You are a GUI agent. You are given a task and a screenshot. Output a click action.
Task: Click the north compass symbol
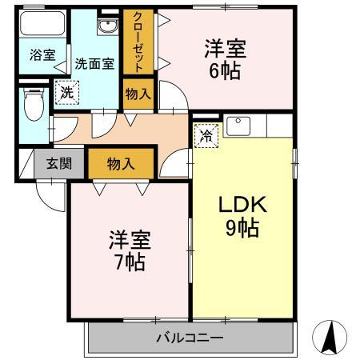tap(330, 338)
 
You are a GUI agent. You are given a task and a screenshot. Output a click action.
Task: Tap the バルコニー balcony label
tap(190, 338)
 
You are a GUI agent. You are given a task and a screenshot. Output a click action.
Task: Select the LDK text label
tap(242, 205)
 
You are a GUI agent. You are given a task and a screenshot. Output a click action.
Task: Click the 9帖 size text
tap(242, 228)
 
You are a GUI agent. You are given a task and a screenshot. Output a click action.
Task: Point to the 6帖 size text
tap(226, 71)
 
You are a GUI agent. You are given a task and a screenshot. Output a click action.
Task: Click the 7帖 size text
tap(130, 262)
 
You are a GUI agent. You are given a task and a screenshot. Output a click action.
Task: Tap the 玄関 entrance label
tap(59, 163)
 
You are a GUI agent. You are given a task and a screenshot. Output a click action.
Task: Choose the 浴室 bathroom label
tap(42, 55)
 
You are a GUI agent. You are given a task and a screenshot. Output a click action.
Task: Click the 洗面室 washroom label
tap(94, 64)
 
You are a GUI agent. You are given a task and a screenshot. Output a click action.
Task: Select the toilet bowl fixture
tap(34, 105)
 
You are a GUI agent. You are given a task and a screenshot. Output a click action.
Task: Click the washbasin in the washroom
tap(108, 27)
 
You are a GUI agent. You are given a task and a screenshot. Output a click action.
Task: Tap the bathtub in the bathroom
tap(42, 24)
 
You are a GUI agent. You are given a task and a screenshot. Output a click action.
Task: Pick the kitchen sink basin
tap(238, 126)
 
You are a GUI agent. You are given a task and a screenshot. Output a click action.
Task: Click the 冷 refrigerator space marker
tap(206, 136)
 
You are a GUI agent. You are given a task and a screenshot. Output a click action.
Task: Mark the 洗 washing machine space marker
tap(67, 93)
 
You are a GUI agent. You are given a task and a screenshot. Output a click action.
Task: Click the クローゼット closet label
tap(138, 42)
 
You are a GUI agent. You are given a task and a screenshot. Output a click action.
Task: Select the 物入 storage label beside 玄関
tap(121, 164)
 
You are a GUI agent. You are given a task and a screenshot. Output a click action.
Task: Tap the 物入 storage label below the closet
tap(138, 94)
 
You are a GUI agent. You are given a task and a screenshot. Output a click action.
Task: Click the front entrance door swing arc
tap(51, 196)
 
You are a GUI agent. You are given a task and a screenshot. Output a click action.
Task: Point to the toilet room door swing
tap(65, 129)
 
